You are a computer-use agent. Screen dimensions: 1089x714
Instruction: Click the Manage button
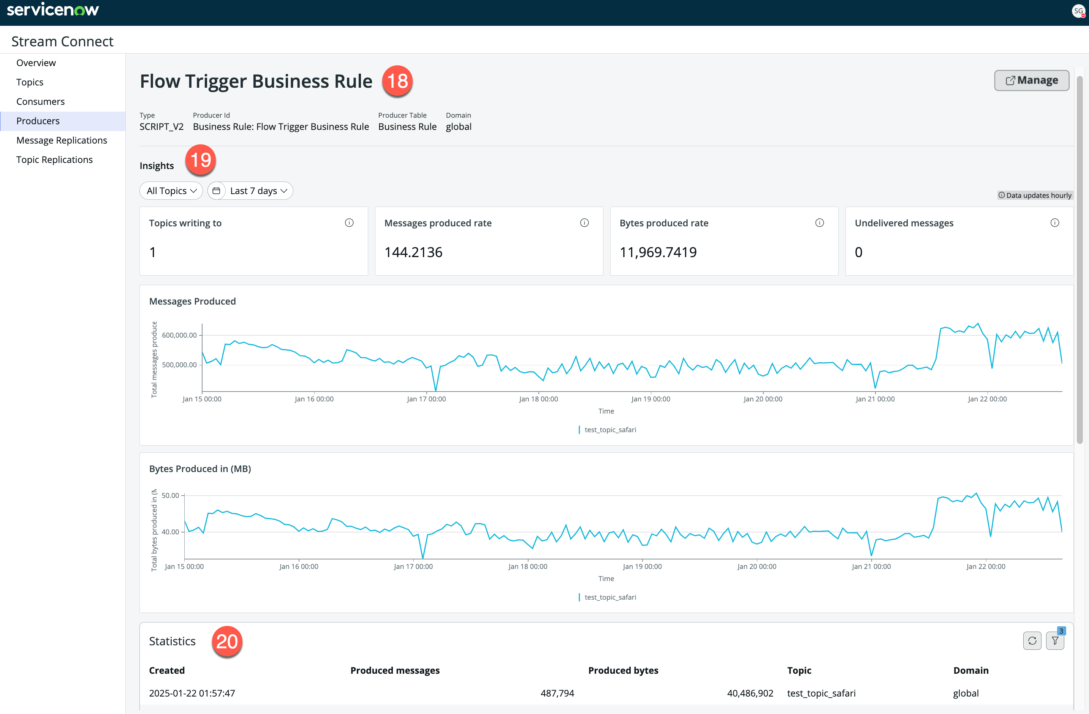click(x=1031, y=81)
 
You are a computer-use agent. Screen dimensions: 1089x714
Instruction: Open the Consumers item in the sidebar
click(x=40, y=101)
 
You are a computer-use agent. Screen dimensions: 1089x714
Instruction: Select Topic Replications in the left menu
click(x=54, y=160)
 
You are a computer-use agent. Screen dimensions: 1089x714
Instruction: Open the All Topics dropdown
click(x=171, y=191)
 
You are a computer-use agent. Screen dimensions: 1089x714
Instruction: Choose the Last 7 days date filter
click(x=250, y=191)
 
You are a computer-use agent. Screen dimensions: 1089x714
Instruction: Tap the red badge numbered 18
click(x=397, y=81)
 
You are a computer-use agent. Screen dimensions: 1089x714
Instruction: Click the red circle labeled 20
click(x=226, y=641)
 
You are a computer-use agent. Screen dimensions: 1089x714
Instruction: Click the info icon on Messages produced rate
click(x=584, y=223)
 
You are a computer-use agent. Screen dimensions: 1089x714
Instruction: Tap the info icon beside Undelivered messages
click(x=1055, y=223)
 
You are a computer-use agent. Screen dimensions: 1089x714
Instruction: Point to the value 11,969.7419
click(x=658, y=252)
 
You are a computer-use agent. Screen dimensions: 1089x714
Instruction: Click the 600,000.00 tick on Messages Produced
click(x=179, y=335)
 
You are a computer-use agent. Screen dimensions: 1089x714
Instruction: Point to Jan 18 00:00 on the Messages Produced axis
click(x=538, y=399)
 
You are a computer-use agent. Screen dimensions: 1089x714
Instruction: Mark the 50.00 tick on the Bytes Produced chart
click(x=170, y=495)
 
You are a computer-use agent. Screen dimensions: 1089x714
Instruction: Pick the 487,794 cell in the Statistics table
click(x=557, y=693)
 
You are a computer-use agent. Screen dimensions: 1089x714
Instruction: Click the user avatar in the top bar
click(x=1078, y=11)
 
